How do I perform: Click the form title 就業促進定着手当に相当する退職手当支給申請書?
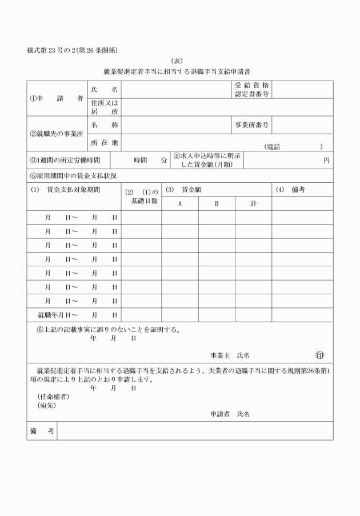coord(180,72)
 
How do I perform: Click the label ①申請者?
coord(56,98)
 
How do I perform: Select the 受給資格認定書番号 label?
coord(251,89)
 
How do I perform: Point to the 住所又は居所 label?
coord(104,107)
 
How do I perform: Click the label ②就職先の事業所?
coord(56,134)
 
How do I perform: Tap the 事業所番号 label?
coord(251,125)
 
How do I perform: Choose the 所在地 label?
coord(104,142)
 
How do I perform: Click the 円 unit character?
coord(326,160)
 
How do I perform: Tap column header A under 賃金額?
coord(179,203)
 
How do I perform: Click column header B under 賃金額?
coord(217,203)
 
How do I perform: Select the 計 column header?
coord(253,203)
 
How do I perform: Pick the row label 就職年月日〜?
coord(58,314)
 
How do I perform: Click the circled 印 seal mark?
coord(319,355)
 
